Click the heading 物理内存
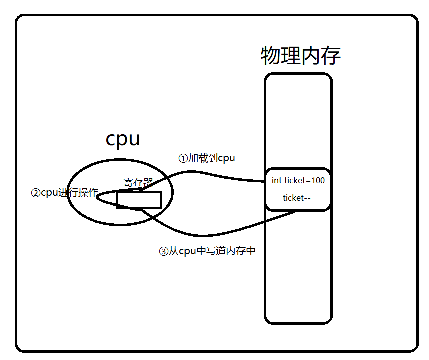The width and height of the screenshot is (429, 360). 301,56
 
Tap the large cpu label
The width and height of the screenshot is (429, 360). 123,139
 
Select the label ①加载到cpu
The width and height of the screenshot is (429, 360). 207,158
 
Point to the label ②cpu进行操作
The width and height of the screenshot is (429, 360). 64,193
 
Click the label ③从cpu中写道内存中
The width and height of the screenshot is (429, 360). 207,251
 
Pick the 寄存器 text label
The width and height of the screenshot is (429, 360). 138,183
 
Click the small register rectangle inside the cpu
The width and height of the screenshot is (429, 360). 139,200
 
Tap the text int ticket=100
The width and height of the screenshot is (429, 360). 298,180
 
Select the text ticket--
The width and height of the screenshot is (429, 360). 297,198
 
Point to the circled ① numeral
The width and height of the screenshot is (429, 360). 183,159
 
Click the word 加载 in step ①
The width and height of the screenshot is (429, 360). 198,158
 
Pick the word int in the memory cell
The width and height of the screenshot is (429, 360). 277,180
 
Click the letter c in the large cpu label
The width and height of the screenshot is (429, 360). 112,140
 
